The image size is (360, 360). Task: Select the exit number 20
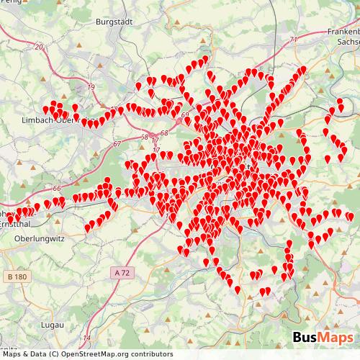(x=38, y=46)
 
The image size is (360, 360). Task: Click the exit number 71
(x=293, y=39)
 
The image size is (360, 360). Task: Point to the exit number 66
(x=56, y=189)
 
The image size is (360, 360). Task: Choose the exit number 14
(x=87, y=338)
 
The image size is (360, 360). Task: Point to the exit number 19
(x=91, y=87)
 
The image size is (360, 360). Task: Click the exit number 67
(x=117, y=144)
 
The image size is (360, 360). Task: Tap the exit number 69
(x=186, y=115)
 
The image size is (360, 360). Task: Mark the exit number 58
(x=144, y=137)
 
